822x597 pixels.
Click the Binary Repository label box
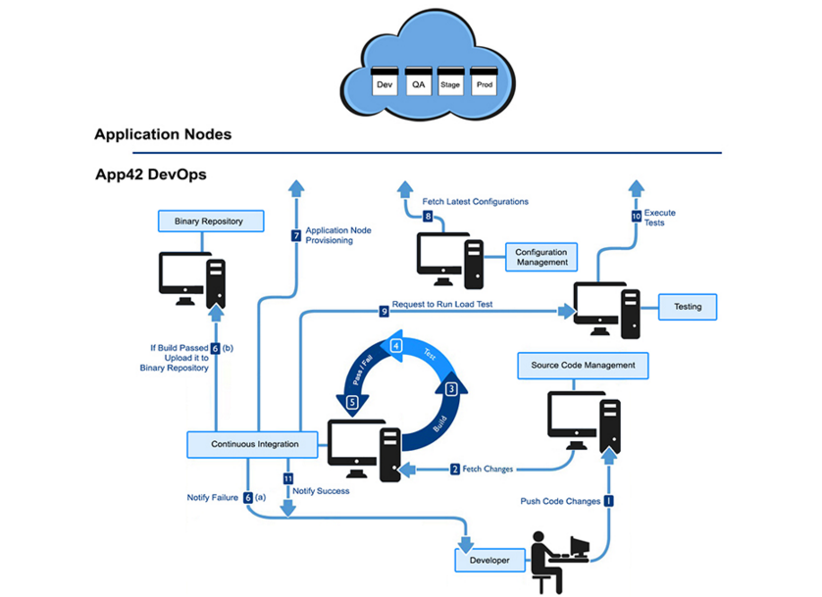click(211, 222)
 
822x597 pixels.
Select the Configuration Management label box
click(541, 257)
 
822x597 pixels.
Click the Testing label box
click(687, 307)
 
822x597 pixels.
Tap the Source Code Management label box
click(583, 366)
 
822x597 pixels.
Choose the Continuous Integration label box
click(256, 444)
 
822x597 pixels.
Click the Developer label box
click(488, 560)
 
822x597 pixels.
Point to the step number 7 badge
click(295, 235)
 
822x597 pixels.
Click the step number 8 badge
click(428, 216)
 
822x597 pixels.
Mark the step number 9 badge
click(385, 312)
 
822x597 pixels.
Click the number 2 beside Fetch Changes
click(455, 469)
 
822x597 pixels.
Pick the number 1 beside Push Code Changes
click(609, 500)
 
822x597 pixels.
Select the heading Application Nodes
click(163, 133)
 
